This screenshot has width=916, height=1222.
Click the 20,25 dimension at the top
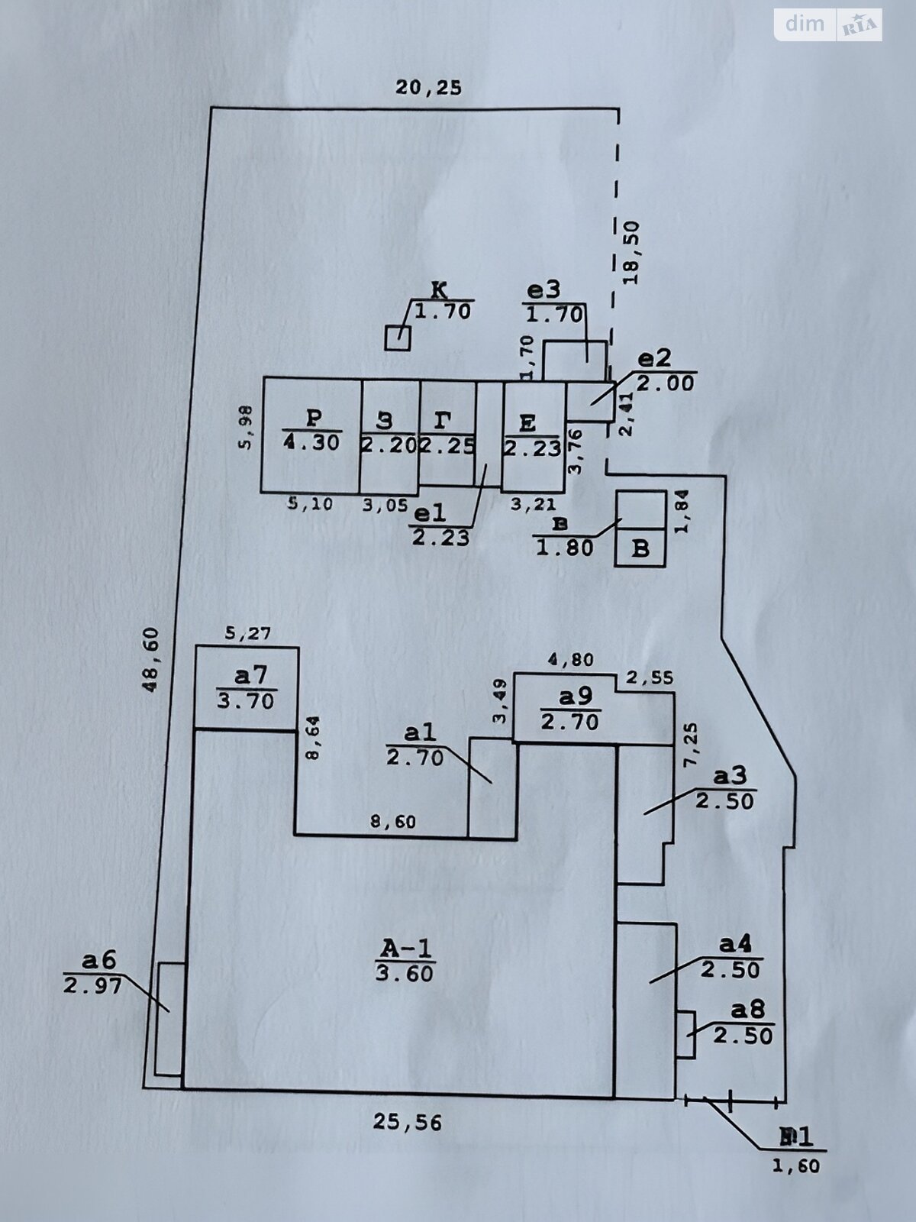click(428, 88)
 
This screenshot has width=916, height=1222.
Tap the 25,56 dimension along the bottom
click(408, 1122)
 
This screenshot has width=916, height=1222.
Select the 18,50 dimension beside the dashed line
click(633, 252)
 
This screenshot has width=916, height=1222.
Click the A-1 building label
click(405, 960)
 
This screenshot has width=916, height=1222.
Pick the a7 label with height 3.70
click(246, 687)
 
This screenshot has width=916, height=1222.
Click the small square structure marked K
click(397, 338)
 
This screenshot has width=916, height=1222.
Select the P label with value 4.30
click(311, 430)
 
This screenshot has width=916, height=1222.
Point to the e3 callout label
click(554, 302)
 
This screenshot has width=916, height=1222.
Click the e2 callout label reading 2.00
click(666, 370)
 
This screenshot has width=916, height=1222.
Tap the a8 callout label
click(743, 1023)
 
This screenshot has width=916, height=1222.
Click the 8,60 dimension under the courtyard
click(392, 822)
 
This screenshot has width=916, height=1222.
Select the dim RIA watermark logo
click(828, 24)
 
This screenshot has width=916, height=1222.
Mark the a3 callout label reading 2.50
click(725, 788)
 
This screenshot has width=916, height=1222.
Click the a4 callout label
click(731, 957)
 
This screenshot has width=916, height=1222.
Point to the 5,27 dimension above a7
click(247, 633)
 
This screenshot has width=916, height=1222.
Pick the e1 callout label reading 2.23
click(440, 525)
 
